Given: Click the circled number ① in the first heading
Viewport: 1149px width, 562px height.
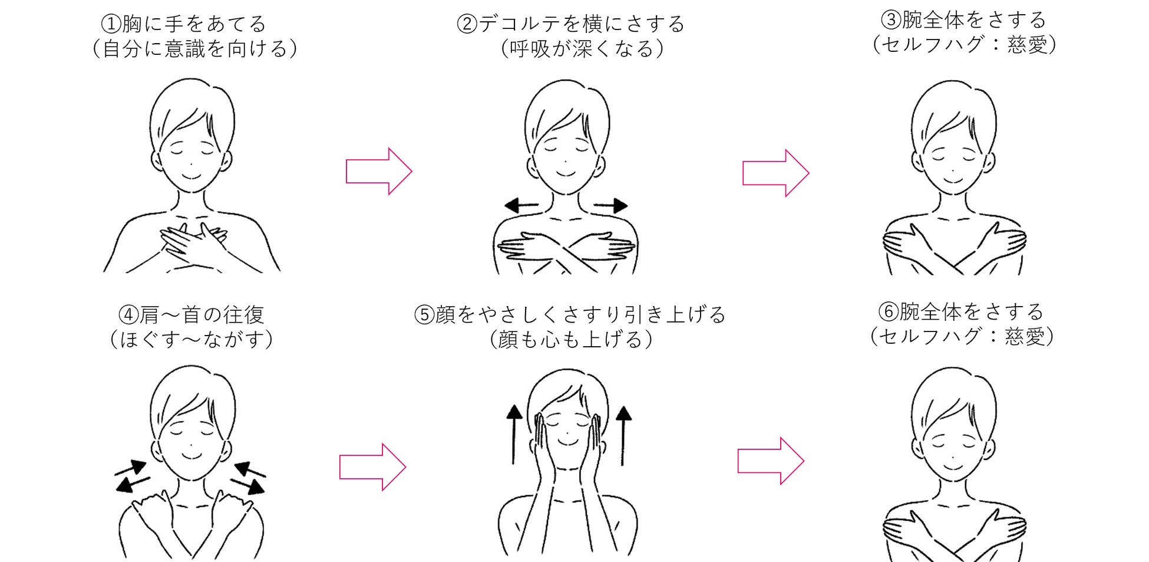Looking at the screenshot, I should coord(111,24).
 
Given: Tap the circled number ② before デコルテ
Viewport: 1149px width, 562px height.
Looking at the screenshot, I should coord(467,24).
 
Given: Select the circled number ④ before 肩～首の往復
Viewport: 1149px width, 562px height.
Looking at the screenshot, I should coord(128,315).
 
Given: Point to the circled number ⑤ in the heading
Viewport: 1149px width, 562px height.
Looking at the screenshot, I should coord(424,315).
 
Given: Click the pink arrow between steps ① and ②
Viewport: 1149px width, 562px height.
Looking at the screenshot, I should coord(378,172).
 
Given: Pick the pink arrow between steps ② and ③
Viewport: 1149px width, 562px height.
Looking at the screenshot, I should coord(775,173).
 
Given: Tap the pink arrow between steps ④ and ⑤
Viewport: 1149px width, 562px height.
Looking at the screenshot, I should coord(372,467).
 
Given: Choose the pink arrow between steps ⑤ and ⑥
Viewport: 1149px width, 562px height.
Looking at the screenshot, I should coord(771,461).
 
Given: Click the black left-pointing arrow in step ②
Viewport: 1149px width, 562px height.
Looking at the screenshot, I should coord(521,206).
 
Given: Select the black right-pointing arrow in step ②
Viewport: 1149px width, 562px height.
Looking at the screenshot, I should coord(611,206).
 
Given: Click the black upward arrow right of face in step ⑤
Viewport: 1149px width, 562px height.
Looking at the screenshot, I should coord(623,435).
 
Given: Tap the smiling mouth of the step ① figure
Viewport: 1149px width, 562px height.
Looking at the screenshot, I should coord(191,176).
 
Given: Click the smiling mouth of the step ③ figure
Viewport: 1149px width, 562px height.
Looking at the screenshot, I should coord(953,179).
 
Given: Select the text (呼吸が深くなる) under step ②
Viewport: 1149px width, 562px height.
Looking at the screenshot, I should coord(582,49).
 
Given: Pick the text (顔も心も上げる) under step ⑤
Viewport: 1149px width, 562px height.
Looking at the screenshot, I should coord(571,340).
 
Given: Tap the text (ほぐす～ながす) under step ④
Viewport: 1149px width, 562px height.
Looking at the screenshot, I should coord(191,340).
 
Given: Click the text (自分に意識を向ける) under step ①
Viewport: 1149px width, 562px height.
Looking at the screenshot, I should coord(194,49).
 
